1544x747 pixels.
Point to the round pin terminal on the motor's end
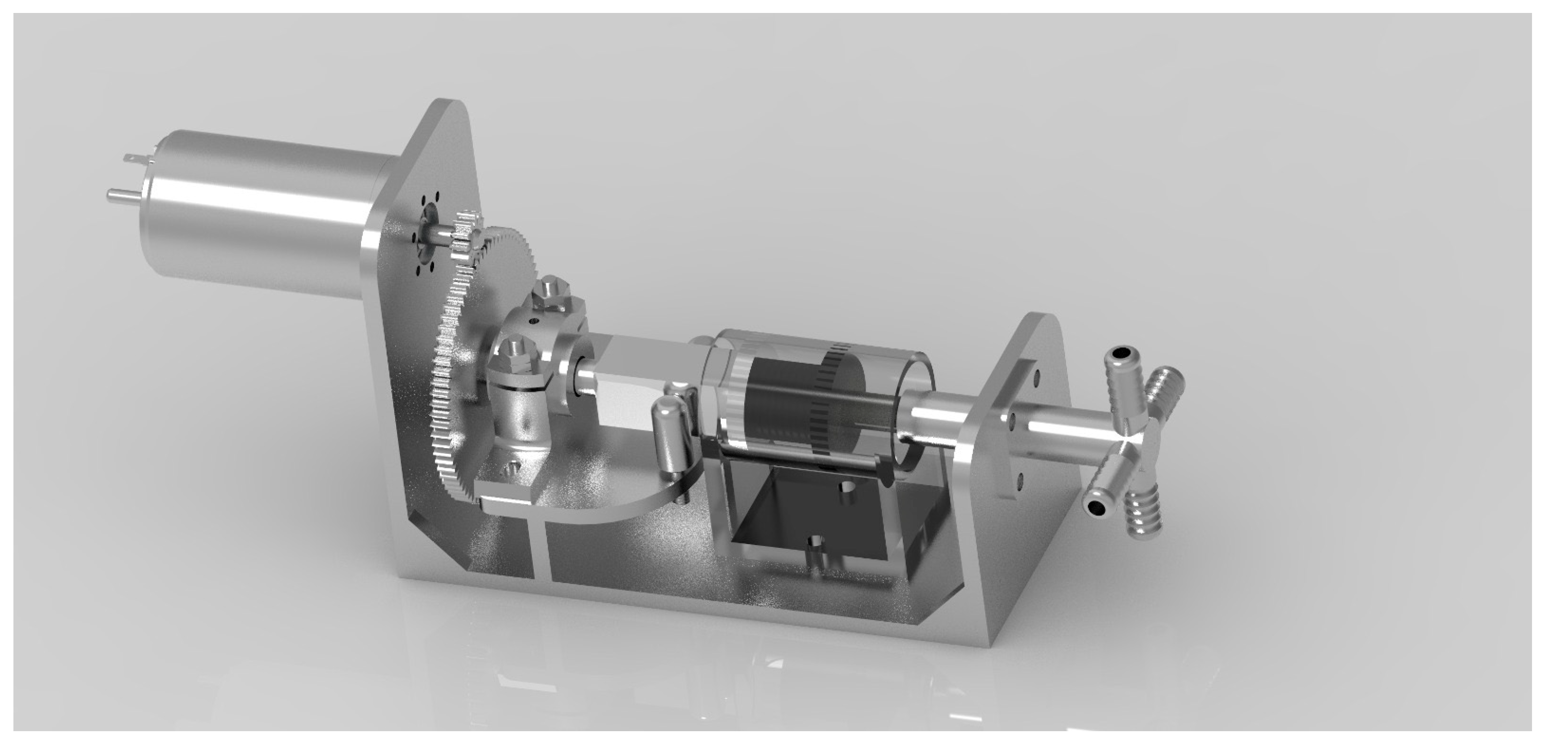pos(117,194)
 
